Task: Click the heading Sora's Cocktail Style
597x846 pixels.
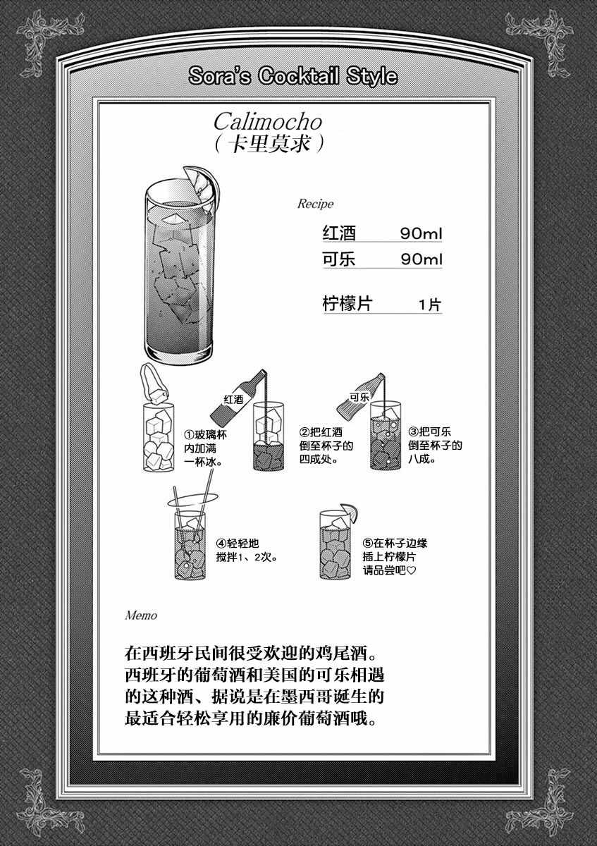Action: click(293, 76)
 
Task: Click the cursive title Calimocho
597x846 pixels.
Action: click(268, 122)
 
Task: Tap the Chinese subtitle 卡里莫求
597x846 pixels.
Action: click(269, 143)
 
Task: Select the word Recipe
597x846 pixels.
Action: click(315, 204)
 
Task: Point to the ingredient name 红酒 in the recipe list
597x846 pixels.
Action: click(339, 233)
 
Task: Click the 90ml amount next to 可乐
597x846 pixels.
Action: click(421, 259)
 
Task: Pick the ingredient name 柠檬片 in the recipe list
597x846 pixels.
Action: click(347, 304)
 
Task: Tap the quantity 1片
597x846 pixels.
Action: click(430, 305)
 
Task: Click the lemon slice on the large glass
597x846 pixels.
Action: click(203, 185)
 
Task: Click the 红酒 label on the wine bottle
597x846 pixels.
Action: click(233, 399)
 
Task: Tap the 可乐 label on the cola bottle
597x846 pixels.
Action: click(359, 397)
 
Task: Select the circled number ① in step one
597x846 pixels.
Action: click(189, 435)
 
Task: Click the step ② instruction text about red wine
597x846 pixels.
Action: click(326, 446)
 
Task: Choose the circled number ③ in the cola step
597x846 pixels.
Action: click(414, 431)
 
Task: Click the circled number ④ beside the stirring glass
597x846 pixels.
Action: click(221, 544)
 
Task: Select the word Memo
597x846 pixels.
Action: click(141, 615)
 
